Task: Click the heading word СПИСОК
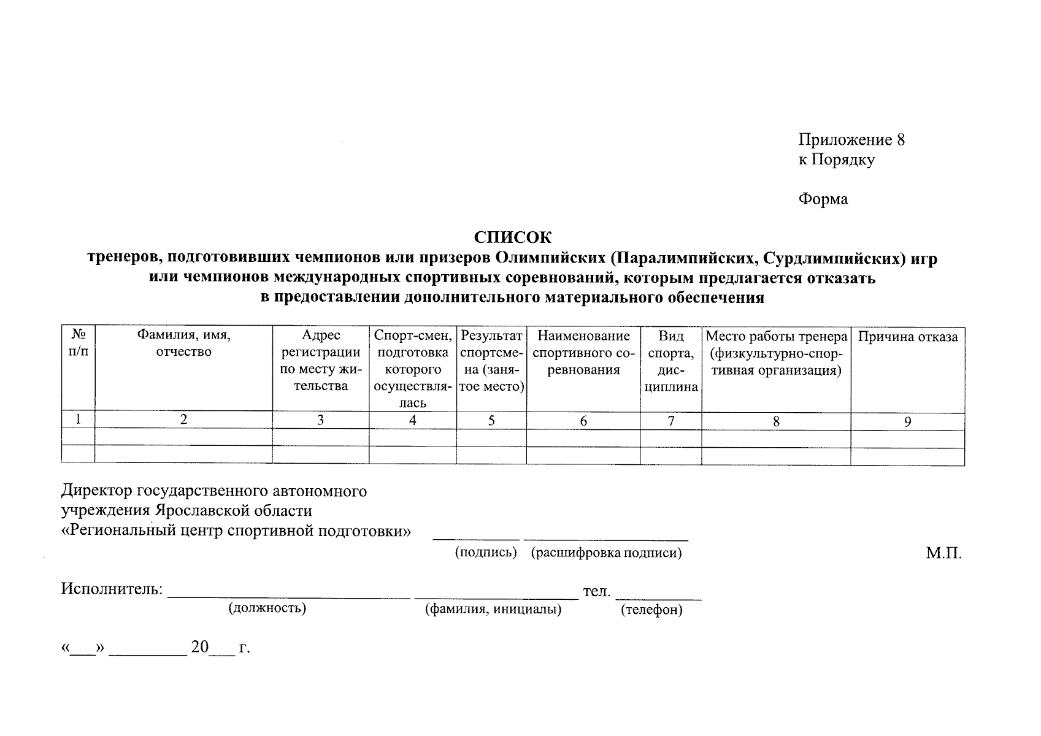tap(512, 237)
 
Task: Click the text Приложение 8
tap(851, 140)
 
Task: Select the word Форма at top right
tap(823, 199)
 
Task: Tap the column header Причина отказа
tap(907, 336)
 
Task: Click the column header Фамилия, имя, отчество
tap(183, 343)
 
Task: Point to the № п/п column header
tap(78, 343)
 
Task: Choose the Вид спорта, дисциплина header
tap(671, 361)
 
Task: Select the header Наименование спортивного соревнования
tap(583, 353)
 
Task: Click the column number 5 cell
tap(491, 421)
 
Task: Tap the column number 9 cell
tap(907, 421)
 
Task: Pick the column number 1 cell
tap(78, 420)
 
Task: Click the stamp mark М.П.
tap(943, 553)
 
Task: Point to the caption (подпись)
tap(485, 553)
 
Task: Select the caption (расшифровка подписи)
tap(606, 553)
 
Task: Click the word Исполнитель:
tap(112, 589)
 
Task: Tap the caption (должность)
tap(267, 608)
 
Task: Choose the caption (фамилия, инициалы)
tap(493, 610)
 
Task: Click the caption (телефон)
tap(651, 610)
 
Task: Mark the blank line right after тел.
tap(659, 596)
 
